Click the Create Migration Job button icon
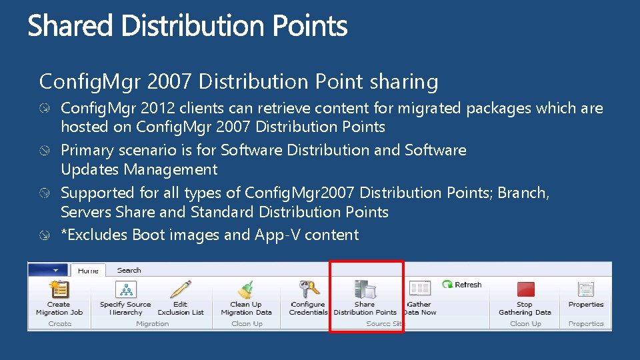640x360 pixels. pos(59,289)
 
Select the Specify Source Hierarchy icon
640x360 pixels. pos(125,289)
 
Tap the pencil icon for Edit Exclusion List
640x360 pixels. pos(180,289)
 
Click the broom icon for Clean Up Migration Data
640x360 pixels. pos(246,289)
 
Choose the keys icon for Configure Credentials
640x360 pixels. pos(308,289)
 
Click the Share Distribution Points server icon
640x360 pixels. pos(365,289)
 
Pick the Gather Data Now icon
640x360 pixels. pos(419,289)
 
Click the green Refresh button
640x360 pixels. pos(461,285)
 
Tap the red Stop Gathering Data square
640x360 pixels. pos(525,289)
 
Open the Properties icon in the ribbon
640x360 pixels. pos(586,289)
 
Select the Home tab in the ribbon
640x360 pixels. pos(88,271)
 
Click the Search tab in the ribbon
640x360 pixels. pos(129,271)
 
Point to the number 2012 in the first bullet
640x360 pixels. pos(159,108)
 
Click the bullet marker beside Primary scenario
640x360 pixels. pos(45,151)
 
